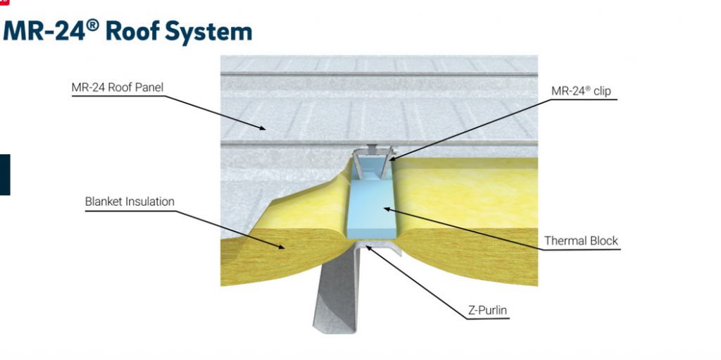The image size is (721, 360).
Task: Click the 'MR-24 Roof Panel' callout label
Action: pyautogui.click(x=118, y=87)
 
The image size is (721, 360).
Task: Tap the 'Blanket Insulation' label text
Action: pyautogui.click(x=130, y=201)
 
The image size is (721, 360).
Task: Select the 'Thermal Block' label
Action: pyautogui.click(x=581, y=241)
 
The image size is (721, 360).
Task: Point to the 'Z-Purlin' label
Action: pyautogui.click(x=487, y=310)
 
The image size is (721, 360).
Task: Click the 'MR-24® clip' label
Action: pyautogui.click(x=581, y=91)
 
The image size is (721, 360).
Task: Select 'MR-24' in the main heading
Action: pyautogui.click(x=44, y=31)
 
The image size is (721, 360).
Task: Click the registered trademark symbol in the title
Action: pyautogui.click(x=92, y=25)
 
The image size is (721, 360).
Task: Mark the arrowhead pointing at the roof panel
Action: pyautogui.click(x=261, y=128)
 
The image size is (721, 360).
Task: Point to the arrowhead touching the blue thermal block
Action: pyautogui.click(x=389, y=209)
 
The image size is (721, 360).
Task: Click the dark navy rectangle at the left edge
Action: pyautogui.click(x=5, y=175)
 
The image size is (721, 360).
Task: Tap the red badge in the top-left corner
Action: pyautogui.click(x=4, y=2)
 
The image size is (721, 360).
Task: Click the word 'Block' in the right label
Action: pyautogui.click(x=603, y=241)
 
